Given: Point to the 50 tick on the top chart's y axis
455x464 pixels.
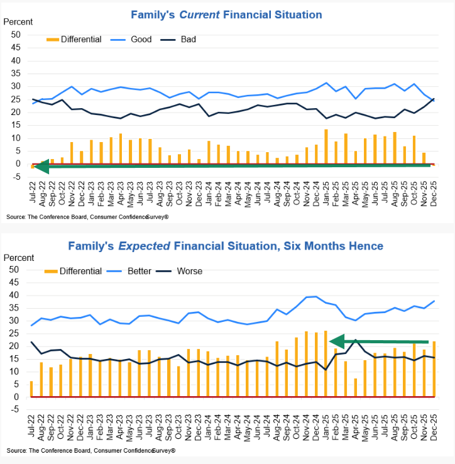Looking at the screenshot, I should (x=16, y=35).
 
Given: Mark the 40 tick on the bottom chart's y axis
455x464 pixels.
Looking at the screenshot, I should (x=16, y=295).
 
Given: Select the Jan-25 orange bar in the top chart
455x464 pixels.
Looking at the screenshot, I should (x=326, y=146).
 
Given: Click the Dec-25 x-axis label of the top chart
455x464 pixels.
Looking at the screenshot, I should (x=432, y=190).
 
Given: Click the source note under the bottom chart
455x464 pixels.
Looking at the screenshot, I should (x=91, y=451).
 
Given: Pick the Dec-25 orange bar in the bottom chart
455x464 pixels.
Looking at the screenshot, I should (x=433, y=368).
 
